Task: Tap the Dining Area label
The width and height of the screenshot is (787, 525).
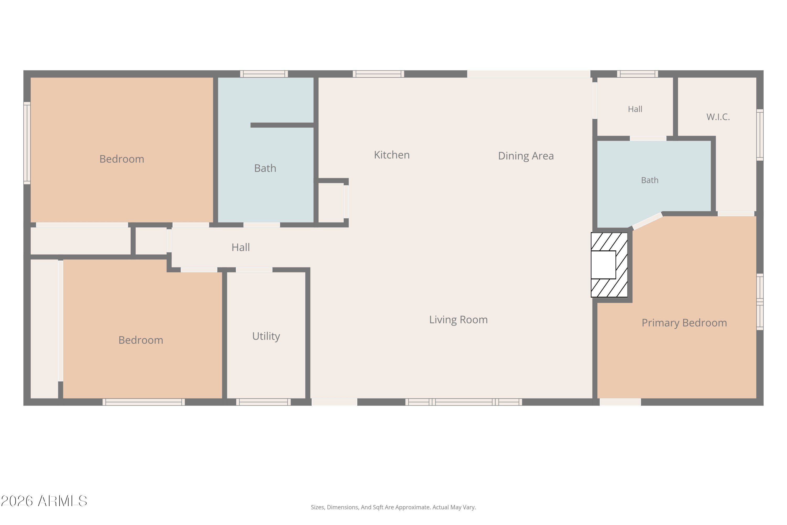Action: coord(526,156)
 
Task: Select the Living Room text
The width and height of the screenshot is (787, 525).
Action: coord(458,320)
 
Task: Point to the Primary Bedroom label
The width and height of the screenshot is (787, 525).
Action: coord(684,323)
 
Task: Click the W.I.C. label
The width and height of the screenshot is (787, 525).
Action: coord(718,117)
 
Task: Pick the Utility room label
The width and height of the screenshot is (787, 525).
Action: coord(266,336)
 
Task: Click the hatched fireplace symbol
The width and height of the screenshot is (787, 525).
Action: coord(609,265)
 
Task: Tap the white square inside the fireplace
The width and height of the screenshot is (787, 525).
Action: coord(603,265)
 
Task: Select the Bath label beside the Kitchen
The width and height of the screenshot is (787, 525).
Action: coord(265,168)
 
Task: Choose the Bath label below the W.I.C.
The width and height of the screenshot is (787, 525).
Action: coord(650,180)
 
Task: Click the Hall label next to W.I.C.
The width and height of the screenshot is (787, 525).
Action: coord(635,109)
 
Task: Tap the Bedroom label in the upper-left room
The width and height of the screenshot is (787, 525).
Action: coord(122,159)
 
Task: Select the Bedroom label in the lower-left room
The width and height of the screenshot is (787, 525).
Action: coord(141,340)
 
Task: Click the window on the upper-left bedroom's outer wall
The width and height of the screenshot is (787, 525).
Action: coord(27,143)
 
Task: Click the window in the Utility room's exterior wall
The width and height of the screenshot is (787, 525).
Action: coord(263,402)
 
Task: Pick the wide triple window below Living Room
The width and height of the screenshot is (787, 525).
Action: coord(464,402)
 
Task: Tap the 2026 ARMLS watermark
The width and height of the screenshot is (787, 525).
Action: coord(44,501)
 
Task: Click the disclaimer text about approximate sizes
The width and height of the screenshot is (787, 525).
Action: coord(393,507)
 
